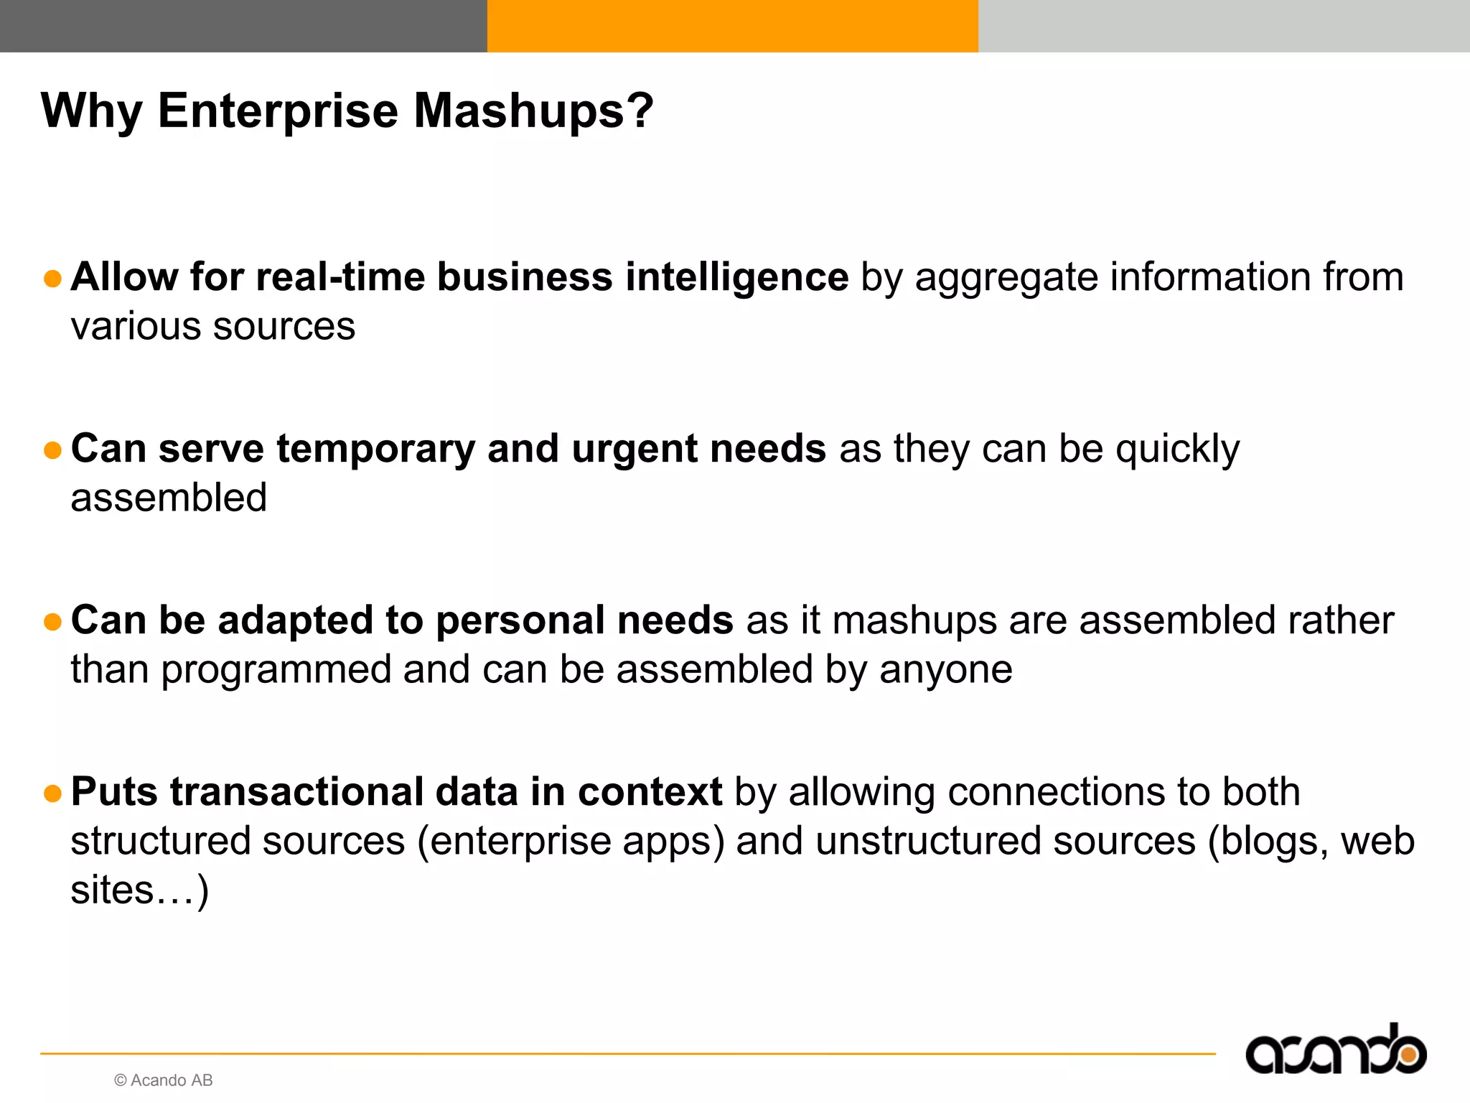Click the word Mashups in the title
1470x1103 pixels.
click(x=533, y=111)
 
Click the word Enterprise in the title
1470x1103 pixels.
click(x=277, y=111)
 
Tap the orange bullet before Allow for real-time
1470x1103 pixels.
click(x=52, y=279)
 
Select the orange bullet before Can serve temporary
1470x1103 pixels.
click(x=52, y=450)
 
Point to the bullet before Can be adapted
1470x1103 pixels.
click(x=52, y=622)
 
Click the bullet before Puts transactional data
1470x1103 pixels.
click(x=52, y=793)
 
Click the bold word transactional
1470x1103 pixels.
click(x=296, y=792)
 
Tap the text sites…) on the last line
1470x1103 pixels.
click(x=139, y=890)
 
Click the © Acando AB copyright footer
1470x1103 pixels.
click(x=164, y=1080)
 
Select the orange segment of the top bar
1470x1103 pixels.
click(x=732, y=26)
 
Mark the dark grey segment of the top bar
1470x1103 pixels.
click(x=243, y=26)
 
